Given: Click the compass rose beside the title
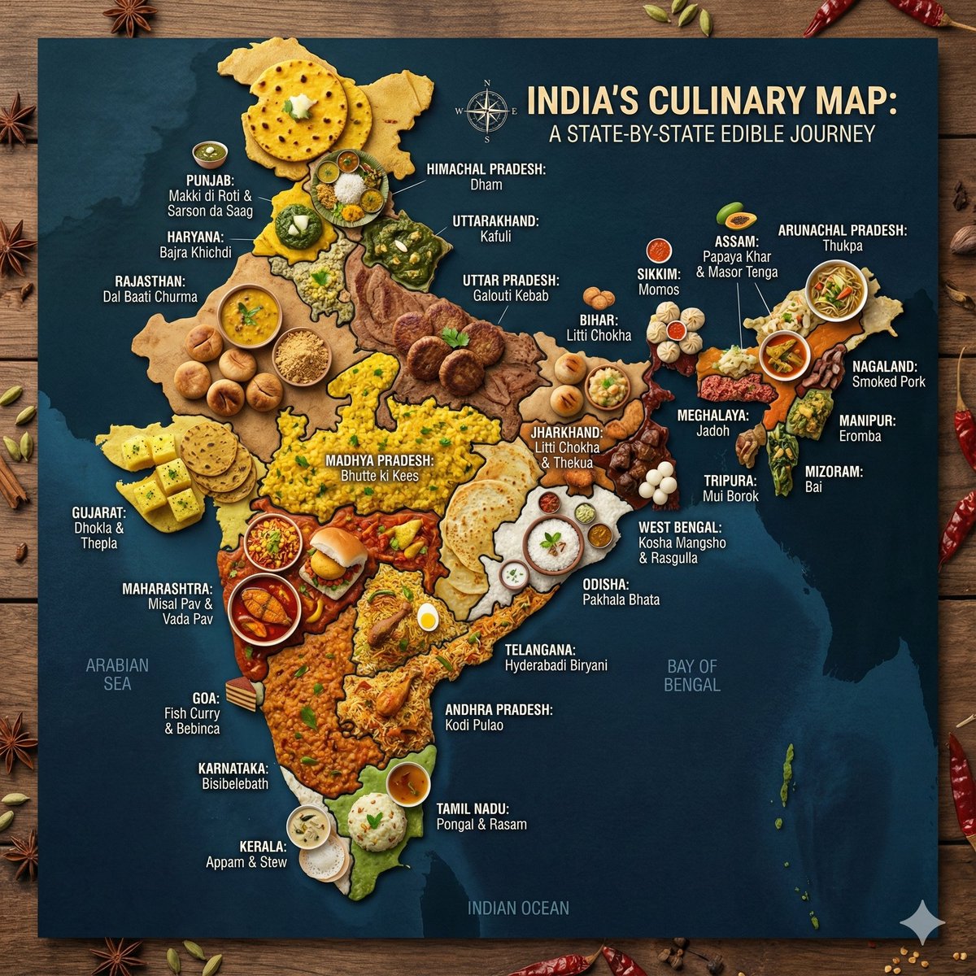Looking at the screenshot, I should click(x=487, y=111).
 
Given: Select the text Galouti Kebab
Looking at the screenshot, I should click(x=511, y=296).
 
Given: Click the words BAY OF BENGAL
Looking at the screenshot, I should click(x=691, y=675).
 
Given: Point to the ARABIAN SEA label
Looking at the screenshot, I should click(x=117, y=673).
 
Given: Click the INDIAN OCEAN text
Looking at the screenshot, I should click(x=518, y=908).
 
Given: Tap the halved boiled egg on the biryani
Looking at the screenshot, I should click(x=428, y=618).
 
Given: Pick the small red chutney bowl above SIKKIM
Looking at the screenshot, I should click(x=658, y=249).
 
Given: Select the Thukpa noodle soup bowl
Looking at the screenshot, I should click(x=836, y=290).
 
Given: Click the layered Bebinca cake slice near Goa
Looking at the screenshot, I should click(x=242, y=695).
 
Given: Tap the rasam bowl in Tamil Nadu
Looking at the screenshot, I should click(x=407, y=783).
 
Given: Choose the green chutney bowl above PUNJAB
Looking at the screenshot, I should click(x=210, y=152).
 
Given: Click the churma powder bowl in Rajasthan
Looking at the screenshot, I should click(x=301, y=356).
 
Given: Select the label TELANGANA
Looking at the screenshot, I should click(x=540, y=650).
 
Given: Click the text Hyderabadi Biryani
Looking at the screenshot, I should click(x=556, y=665).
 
